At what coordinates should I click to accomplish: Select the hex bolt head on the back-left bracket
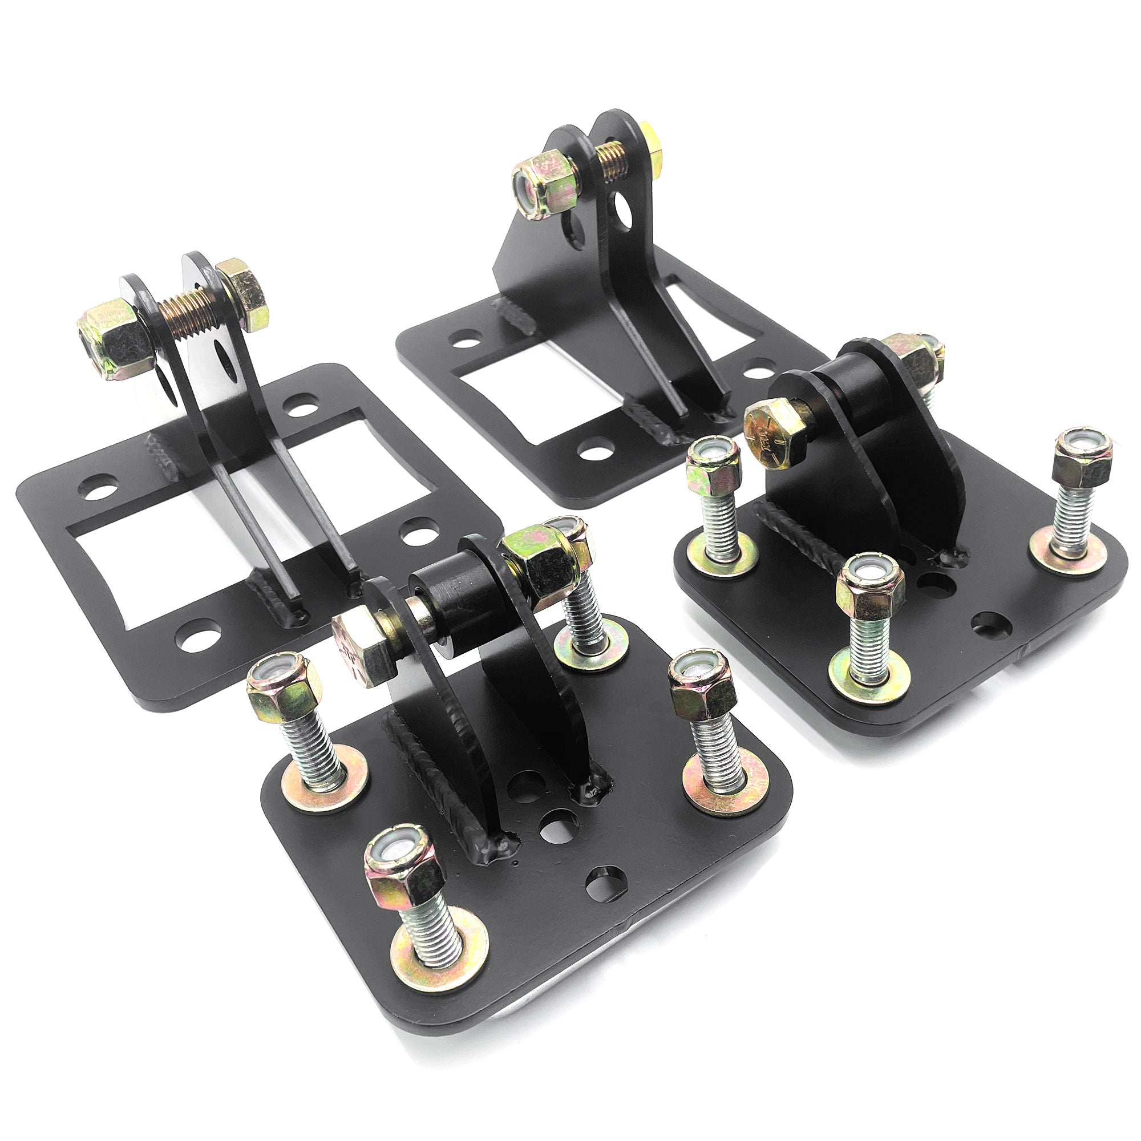242,292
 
